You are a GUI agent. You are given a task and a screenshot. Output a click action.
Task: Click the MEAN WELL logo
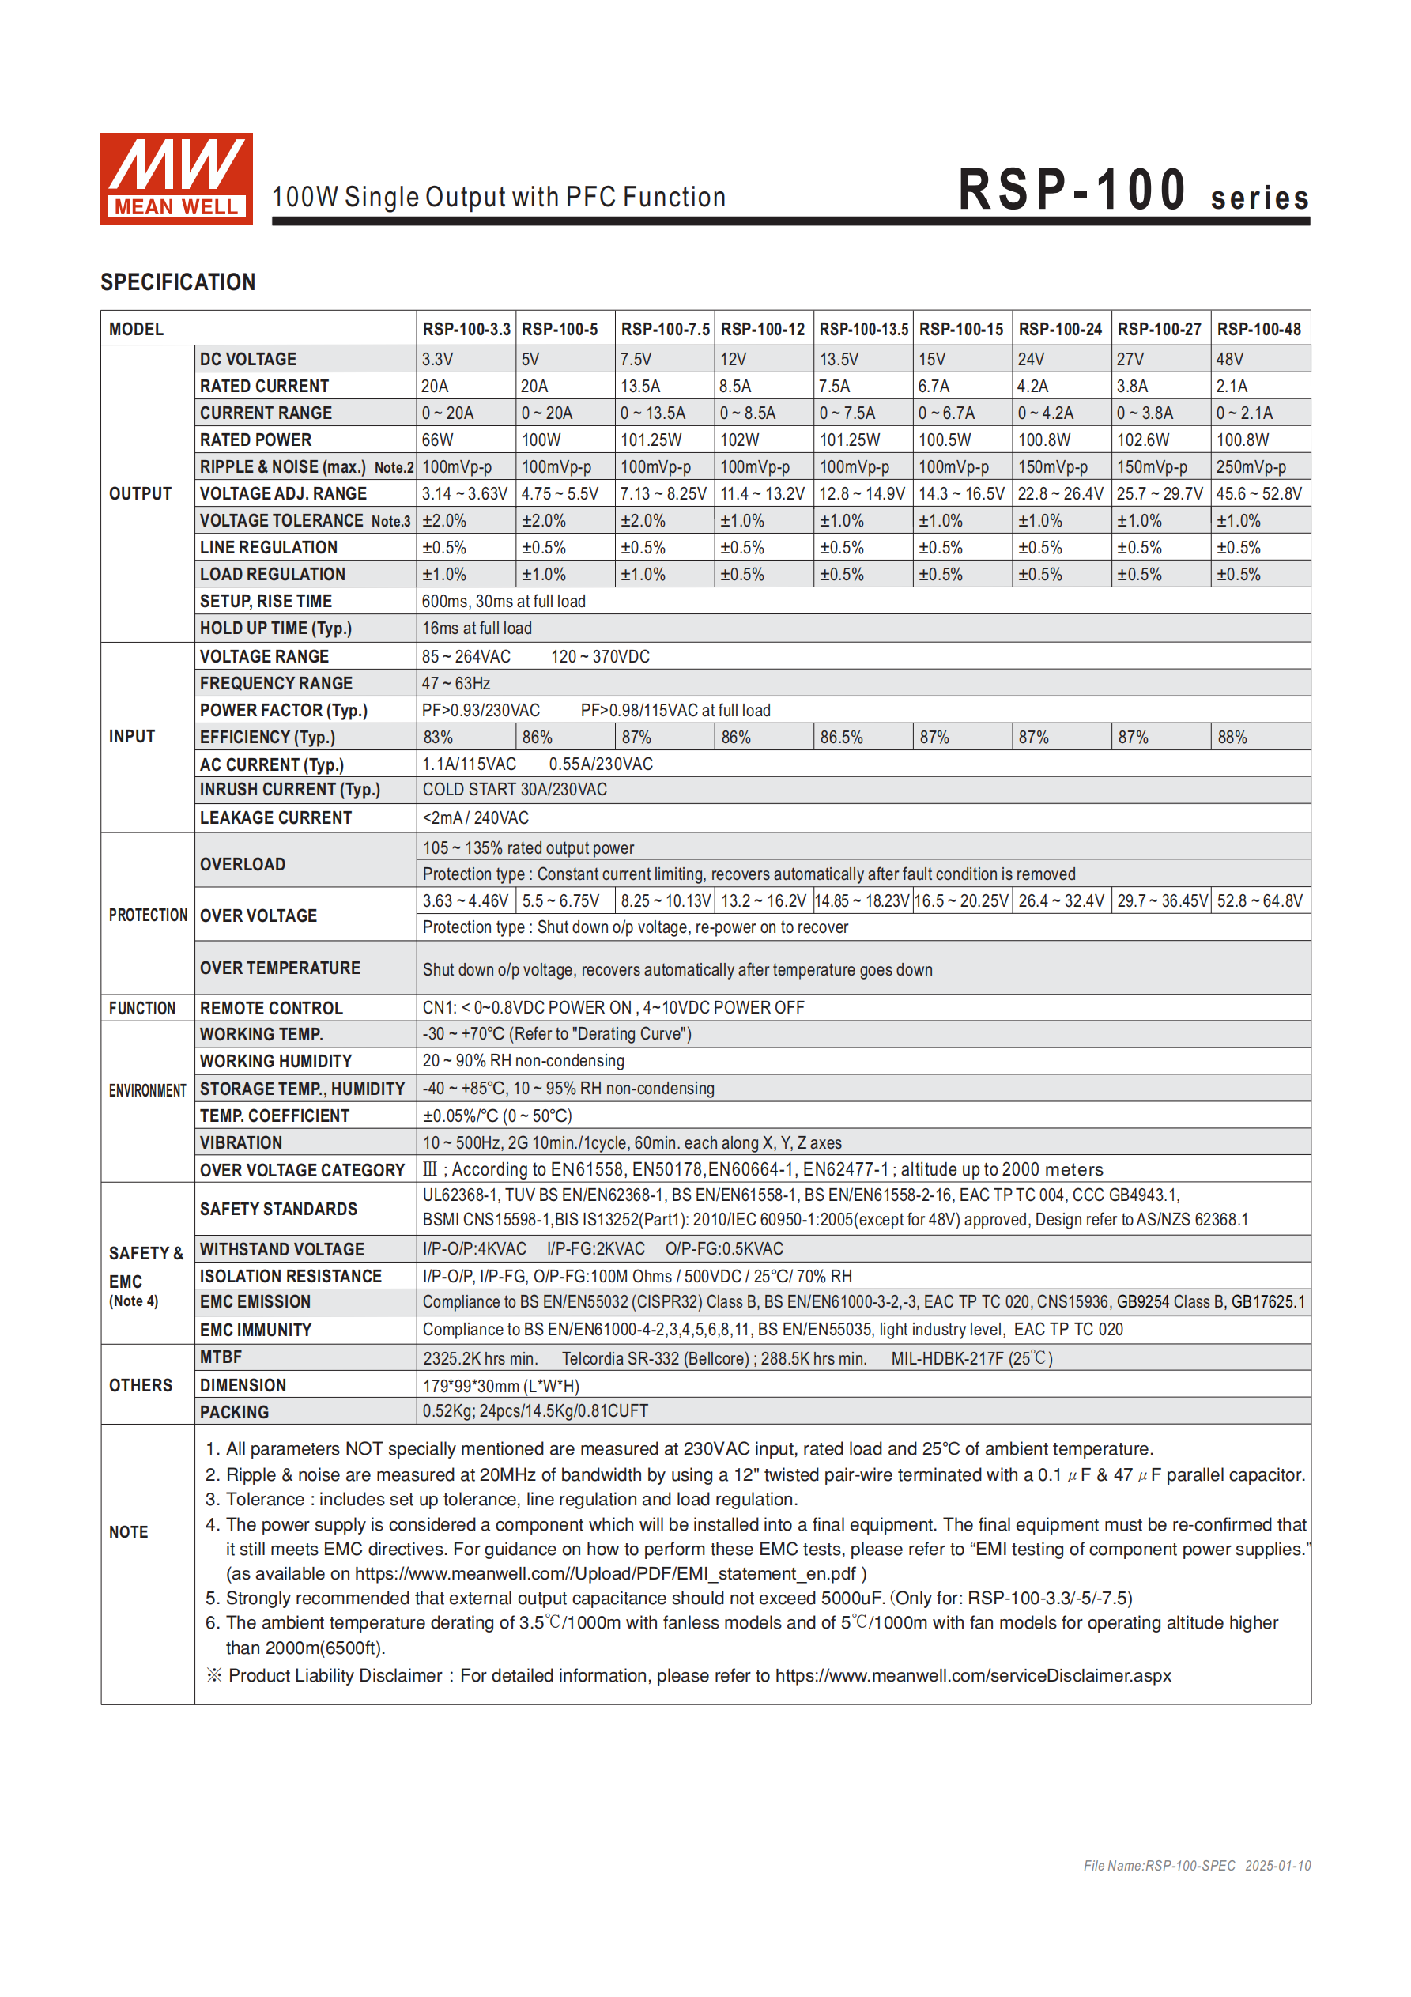[x=175, y=179]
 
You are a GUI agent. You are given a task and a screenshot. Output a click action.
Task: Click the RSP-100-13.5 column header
[x=863, y=330]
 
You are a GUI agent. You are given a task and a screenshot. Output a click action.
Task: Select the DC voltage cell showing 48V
[x=1229, y=359]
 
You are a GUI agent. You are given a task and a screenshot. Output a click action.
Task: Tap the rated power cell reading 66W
[x=438, y=440]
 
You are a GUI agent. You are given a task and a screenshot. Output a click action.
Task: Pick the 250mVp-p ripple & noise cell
[x=1250, y=467]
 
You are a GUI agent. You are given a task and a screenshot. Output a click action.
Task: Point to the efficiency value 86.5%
[x=841, y=738]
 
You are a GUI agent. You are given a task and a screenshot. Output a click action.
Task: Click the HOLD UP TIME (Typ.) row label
[x=276, y=628]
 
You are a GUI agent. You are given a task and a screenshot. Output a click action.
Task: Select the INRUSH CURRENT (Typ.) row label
[x=289, y=790]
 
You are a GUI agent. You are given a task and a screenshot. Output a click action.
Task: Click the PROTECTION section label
[x=148, y=915]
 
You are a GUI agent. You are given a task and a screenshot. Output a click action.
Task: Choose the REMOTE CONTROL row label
[x=271, y=1008]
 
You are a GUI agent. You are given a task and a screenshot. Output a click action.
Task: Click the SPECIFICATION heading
[x=178, y=281]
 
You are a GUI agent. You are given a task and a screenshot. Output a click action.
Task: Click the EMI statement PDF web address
[x=605, y=1573]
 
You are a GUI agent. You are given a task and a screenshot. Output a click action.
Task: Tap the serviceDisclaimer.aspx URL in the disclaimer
[x=972, y=1675]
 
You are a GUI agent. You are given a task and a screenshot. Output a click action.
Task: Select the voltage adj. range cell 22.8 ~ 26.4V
[x=1061, y=494]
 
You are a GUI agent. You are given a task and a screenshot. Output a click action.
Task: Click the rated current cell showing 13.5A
[x=640, y=386]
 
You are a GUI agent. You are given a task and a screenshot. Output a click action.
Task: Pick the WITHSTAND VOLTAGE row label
[x=282, y=1249]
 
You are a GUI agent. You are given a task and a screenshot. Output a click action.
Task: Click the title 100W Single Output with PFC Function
[x=499, y=198]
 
